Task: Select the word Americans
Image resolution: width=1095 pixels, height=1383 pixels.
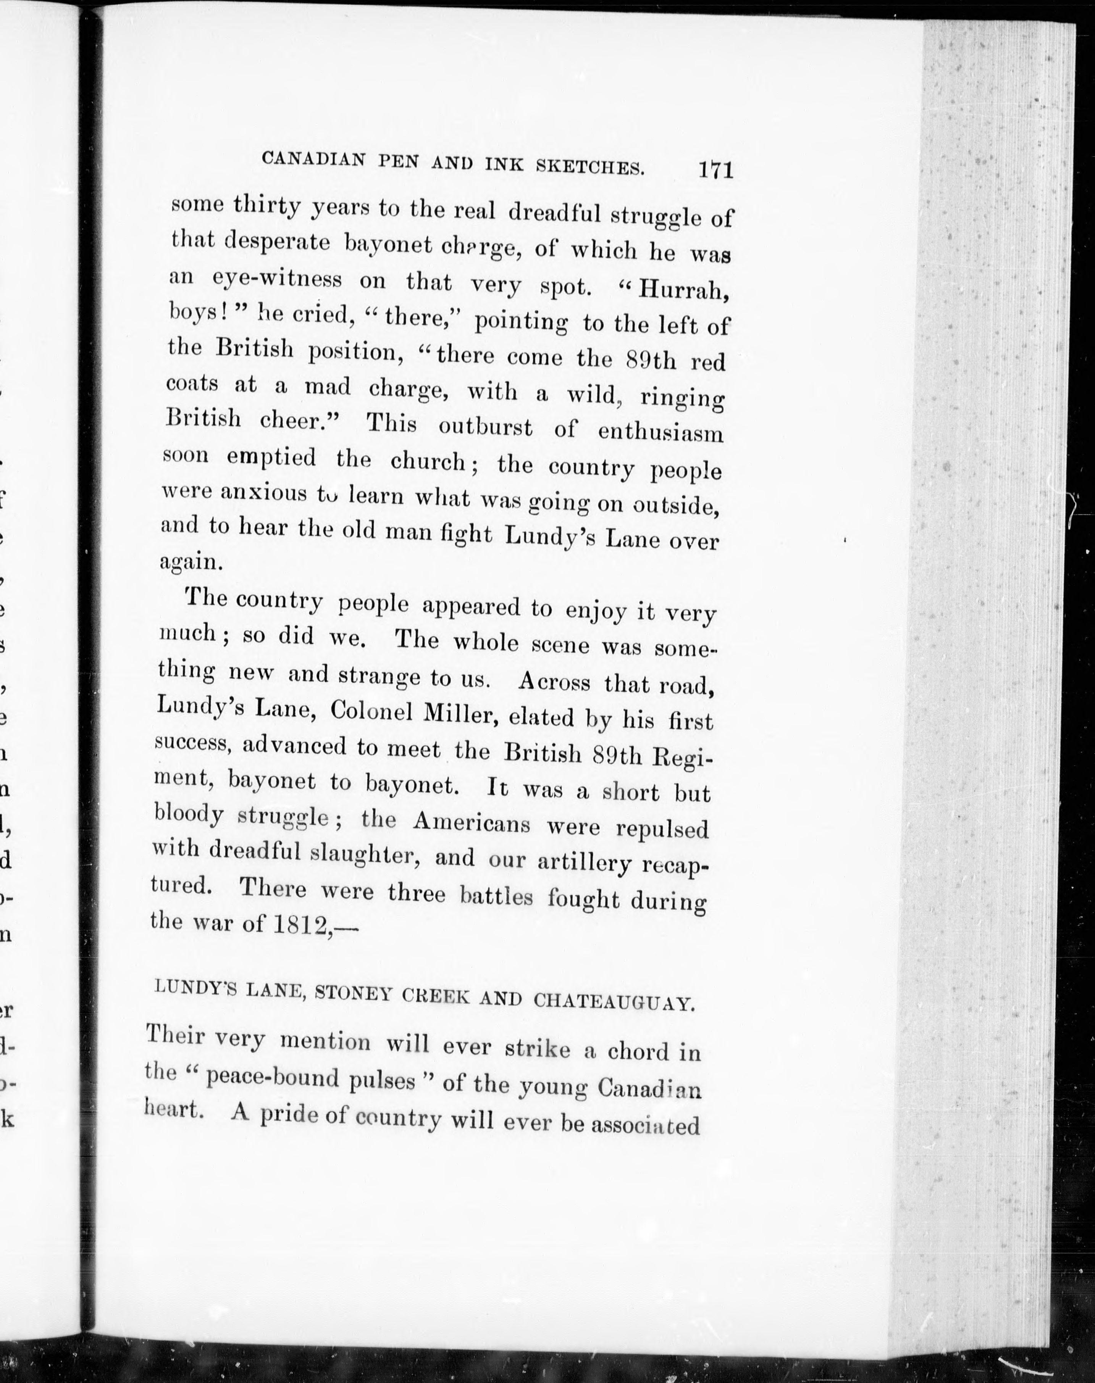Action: tap(471, 822)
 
